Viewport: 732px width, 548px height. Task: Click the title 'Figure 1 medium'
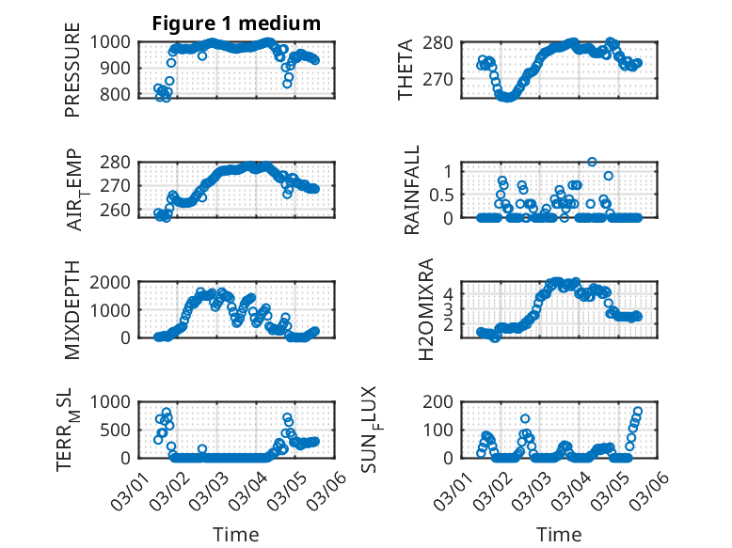point(237,23)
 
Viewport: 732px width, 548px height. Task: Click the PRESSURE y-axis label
point(72,70)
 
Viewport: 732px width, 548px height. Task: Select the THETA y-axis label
point(406,70)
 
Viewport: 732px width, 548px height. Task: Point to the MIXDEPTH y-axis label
point(72,310)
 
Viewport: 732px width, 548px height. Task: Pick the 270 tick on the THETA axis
point(447,80)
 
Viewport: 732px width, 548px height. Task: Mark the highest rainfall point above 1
point(592,162)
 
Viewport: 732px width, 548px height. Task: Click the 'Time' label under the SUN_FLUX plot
point(559,535)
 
